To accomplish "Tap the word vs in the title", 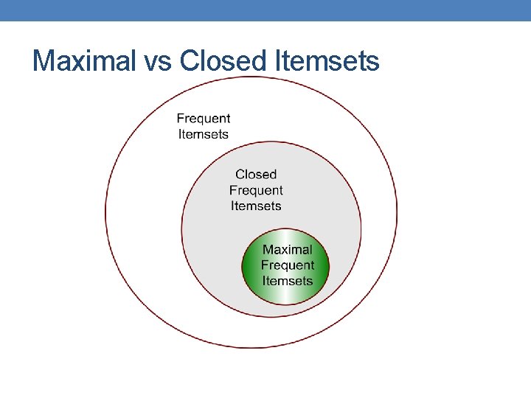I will pyautogui.click(x=156, y=60).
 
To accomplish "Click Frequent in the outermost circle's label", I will pyautogui.click(x=204, y=119).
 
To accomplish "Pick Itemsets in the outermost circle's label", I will pyautogui.click(x=204, y=134).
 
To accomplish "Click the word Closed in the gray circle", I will pyautogui.click(x=256, y=175).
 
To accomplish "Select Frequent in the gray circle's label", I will pyautogui.click(x=256, y=190).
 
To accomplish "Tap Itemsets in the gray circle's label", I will pyautogui.click(x=256, y=206).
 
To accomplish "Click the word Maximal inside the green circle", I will pyautogui.click(x=288, y=250).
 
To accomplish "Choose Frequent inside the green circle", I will pyautogui.click(x=288, y=265).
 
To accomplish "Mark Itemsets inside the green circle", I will pyautogui.click(x=288, y=281).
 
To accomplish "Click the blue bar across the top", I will pyautogui.click(x=265, y=10).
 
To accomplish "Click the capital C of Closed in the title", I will pyautogui.click(x=189, y=60).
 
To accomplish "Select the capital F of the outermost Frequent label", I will pyautogui.click(x=181, y=119).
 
